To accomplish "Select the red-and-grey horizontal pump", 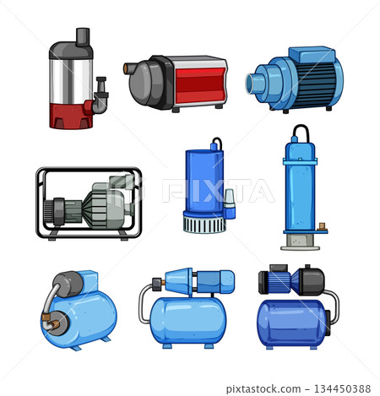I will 177,84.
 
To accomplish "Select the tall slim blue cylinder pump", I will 301,190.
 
